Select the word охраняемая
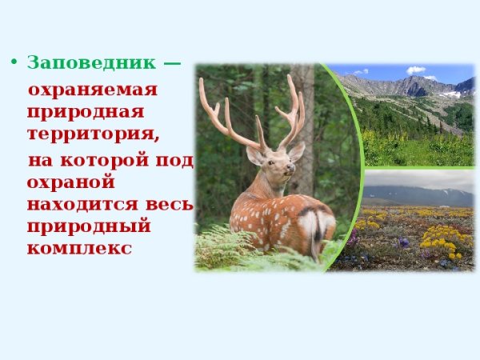[x=93, y=89]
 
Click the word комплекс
[x=78, y=247]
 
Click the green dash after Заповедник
[x=172, y=62]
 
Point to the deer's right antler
[x=292, y=108]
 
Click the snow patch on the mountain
[x=451, y=94]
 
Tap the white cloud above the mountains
[x=415, y=70]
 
